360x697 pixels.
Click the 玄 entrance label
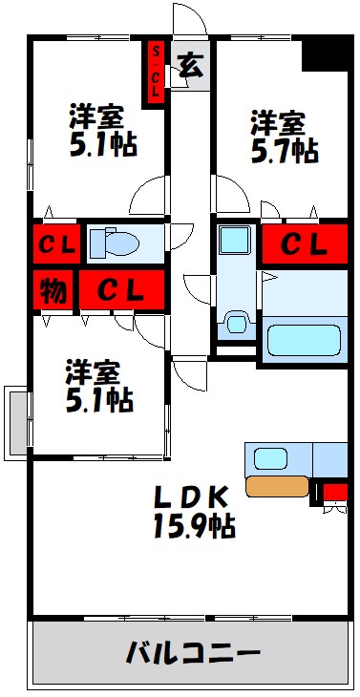point(190,67)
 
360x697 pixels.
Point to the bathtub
point(305,340)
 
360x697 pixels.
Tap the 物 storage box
point(53,288)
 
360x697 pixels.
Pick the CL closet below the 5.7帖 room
point(305,244)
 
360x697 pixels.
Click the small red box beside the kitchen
point(335,493)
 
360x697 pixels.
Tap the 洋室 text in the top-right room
point(278,123)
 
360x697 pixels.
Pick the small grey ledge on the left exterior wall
point(16,421)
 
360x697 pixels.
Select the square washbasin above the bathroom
point(233,239)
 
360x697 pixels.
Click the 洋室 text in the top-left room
point(96,116)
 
